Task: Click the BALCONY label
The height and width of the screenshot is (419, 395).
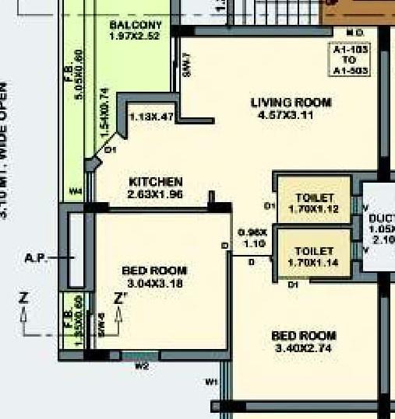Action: [136, 25]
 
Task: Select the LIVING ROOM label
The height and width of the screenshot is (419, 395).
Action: [291, 103]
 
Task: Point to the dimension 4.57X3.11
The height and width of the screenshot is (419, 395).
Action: [291, 115]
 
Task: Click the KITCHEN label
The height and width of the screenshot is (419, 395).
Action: [156, 182]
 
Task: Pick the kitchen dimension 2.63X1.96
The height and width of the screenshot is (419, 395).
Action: [156, 194]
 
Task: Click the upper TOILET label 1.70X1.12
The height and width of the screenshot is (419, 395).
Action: [315, 199]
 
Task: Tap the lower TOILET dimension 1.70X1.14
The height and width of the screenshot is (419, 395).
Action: [315, 263]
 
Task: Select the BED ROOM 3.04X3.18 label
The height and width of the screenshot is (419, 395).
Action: [154, 271]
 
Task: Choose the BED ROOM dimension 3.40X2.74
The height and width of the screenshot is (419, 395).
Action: [304, 347]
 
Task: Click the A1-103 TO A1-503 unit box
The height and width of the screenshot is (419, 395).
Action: [349, 60]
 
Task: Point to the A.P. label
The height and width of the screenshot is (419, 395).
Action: [36, 257]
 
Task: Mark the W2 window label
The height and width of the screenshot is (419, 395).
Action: [142, 365]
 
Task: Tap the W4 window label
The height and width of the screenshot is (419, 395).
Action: [76, 190]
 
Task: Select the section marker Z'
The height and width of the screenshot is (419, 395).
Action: [120, 298]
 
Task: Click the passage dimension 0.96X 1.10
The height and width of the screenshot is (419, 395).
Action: [252, 238]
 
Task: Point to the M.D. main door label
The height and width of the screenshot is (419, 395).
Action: [355, 33]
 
